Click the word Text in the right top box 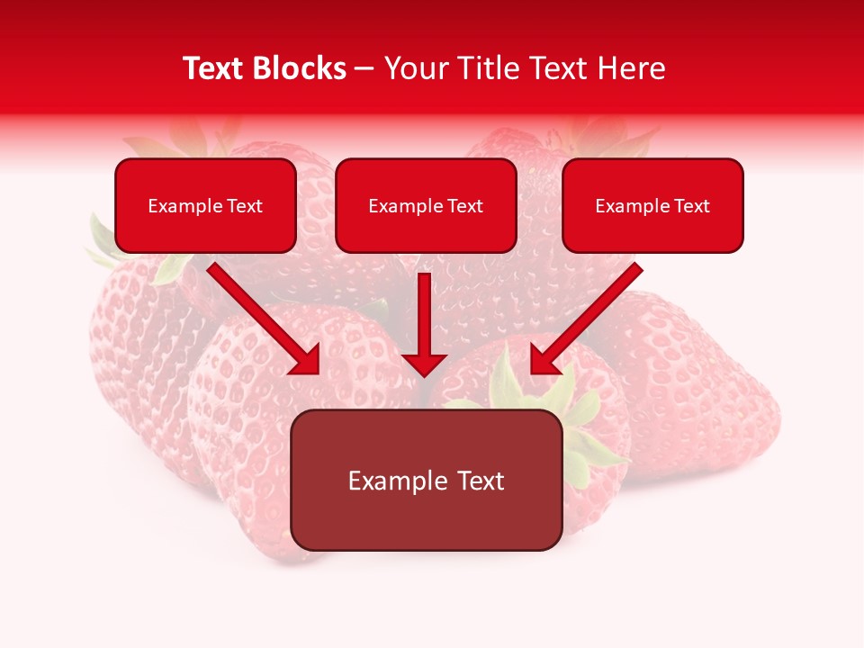(x=692, y=206)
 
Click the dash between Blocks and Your (x=364, y=68)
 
